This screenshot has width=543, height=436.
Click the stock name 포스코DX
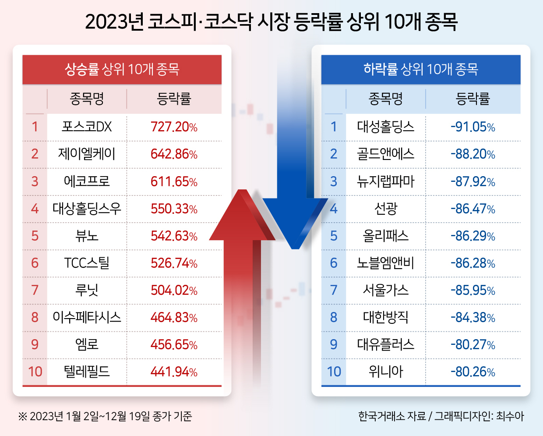click(x=87, y=127)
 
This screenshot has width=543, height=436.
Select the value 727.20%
click(x=174, y=127)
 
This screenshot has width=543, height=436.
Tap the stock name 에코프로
click(x=87, y=181)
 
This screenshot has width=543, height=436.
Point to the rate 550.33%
click(x=174, y=209)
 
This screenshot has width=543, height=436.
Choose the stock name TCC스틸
click(x=87, y=263)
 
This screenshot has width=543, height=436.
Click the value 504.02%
click(x=174, y=291)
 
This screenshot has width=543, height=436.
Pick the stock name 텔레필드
click(x=87, y=372)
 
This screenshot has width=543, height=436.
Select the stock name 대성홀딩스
click(x=385, y=127)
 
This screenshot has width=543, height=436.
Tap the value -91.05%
click(x=473, y=127)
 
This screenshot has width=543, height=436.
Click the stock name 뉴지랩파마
click(x=385, y=181)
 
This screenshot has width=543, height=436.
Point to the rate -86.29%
click(x=473, y=236)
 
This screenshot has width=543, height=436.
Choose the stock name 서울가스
click(x=385, y=291)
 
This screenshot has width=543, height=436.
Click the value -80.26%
click(x=473, y=372)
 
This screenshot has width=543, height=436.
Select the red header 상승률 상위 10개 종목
click(x=122, y=69)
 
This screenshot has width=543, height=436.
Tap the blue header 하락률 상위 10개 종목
click(x=421, y=69)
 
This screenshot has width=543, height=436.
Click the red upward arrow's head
click(x=242, y=215)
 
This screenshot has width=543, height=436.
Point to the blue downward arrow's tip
click(x=295, y=249)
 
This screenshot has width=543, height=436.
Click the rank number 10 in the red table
click(x=35, y=372)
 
